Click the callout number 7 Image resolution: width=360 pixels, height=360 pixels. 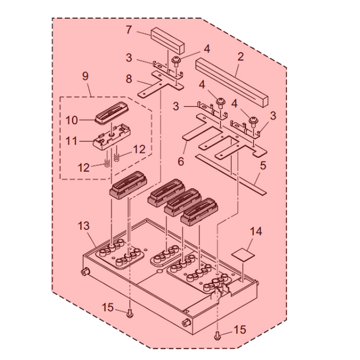129,29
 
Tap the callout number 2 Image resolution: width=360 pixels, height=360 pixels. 240,57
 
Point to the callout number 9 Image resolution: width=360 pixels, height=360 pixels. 86,90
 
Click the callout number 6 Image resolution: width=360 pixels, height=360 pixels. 181,162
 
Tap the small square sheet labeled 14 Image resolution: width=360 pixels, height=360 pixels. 244,251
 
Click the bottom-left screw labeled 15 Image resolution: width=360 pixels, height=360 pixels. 130,312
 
